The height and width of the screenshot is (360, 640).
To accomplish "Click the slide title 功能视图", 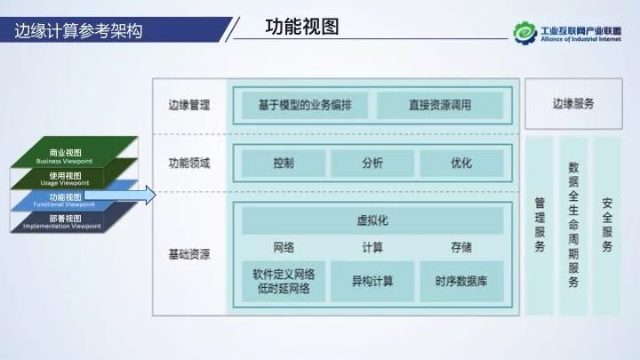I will coord(302,27).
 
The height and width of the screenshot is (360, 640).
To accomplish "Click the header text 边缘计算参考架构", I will coord(79,31).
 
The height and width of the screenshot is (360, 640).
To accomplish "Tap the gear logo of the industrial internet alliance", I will coord(524,33).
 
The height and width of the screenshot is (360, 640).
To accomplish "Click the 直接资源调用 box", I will coord(440,106).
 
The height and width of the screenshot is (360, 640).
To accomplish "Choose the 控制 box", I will coord(284,164).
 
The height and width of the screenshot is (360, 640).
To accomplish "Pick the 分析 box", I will coord(372,164).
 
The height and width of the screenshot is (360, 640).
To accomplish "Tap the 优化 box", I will coord(461,164).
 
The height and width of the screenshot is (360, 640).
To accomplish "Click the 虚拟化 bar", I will coord(372,220).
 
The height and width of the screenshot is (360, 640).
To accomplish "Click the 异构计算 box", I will coord(372,281).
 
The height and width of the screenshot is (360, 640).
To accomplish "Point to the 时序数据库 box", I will coord(461,281).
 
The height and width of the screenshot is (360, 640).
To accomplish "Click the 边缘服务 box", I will coord(572,104).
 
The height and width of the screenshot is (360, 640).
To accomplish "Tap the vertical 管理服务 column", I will coord(540,226).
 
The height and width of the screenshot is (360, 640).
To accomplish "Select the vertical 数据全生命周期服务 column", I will coord(573,226).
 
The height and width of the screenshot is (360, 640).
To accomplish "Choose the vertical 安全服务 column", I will coord(607,226).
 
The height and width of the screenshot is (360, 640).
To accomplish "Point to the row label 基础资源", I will coord(188,254).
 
